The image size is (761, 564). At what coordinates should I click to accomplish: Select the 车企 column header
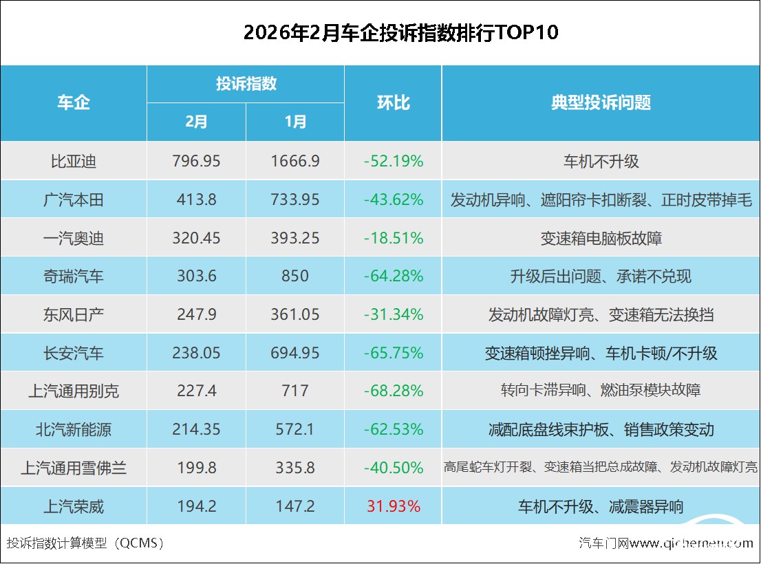(74, 103)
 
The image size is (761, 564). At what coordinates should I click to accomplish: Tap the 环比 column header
(393, 103)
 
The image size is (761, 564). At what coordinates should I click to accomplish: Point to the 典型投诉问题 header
(601, 103)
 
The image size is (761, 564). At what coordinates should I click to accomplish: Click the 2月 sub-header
(196, 122)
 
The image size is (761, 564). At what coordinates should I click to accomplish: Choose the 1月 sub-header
(295, 122)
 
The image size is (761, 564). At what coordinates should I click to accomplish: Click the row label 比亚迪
(74, 161)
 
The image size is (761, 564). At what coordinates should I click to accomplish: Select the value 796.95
(196, 161)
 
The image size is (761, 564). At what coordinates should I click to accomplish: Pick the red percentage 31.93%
(393, 507)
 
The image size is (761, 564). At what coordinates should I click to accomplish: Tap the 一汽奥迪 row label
(74, 238)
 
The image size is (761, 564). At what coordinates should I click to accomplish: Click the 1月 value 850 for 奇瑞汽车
(295, 276)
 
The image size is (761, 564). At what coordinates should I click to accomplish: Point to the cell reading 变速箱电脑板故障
(601, 238)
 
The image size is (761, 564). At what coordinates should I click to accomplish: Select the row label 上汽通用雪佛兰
(74, 468)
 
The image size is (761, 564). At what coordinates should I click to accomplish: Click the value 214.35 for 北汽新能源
(196, 430)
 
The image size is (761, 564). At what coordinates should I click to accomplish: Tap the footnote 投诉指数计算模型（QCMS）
(85, 543)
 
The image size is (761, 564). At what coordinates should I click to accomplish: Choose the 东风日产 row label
(74, 315)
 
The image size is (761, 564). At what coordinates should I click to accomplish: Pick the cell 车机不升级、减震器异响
(601, 507)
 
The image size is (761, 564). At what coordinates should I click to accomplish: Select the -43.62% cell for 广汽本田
(393, 199)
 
